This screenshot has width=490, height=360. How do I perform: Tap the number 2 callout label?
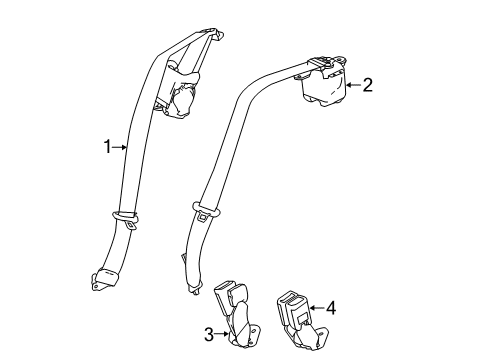pyautogui.click(x=367, y=85)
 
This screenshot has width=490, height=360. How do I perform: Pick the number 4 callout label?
pyautogui.click(x=331, y=308)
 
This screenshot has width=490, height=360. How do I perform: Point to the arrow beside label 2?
pyautogui.click(x=352, y=86)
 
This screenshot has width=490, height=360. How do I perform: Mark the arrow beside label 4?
pyautogui.click(x=316, y=308)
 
